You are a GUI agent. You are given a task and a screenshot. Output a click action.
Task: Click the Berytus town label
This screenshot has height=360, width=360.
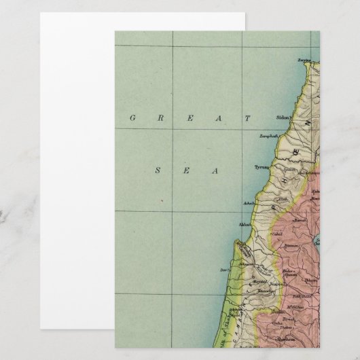pos(303,60)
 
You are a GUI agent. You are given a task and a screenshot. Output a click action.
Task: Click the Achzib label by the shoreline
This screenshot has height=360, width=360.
pos(249,202)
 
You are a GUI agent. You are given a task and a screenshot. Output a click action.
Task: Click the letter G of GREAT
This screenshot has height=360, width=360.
pos(132,118)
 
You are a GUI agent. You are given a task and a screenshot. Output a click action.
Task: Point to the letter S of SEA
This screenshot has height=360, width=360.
pos(158,170)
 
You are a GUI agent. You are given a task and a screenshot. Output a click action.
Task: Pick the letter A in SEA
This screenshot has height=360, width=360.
pos(215,170)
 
